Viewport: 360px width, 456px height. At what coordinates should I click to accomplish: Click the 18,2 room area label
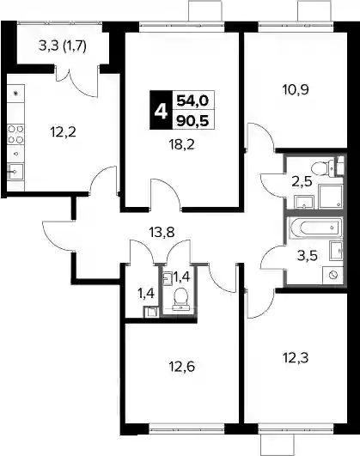click(x=182, y=144)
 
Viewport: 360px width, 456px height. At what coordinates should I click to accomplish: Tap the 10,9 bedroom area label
click(x=296, y=90)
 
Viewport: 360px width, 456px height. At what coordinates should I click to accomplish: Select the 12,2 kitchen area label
click(x=64, y=132)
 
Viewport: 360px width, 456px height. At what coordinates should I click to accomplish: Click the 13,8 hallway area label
click(x=162, y=233)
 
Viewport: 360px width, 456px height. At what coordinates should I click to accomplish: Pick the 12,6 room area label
click(x=182, y=367)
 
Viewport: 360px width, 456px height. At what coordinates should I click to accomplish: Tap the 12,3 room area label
click(x=296, y=358)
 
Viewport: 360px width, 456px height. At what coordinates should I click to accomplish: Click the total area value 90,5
click(x=193, y=120)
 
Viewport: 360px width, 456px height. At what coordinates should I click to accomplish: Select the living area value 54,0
click(x=193, y=100)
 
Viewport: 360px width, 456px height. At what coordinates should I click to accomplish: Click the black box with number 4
click(x=161, y=110)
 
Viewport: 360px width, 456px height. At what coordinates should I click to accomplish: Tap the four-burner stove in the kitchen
click(x=15, y=134)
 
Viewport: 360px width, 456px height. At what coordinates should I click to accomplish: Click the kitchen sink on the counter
click(x=15, y=172)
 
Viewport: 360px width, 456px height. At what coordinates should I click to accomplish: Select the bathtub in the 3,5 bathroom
click(x=315, y=228)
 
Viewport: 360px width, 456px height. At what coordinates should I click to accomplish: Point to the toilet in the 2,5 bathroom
click(x=323, y=167)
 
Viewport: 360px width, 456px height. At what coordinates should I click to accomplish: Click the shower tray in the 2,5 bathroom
click(x=331, y=197)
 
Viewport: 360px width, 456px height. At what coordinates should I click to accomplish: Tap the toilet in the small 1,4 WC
click(x=180, y=298)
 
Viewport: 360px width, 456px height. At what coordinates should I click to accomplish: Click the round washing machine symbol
click(x=334, y=275)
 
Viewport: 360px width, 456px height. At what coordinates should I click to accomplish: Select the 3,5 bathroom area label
click(x=308, y=257)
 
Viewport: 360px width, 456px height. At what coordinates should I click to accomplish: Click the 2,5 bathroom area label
click(x=302, y=182)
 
